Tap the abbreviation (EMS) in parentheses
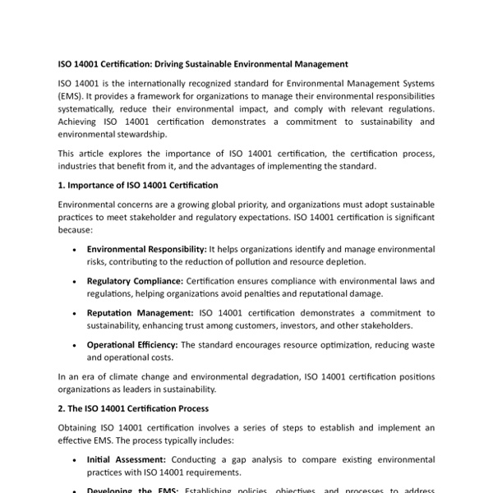tap(72, 96)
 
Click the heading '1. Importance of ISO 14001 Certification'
tap(138, 185)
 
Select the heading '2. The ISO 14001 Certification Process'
tap(133, 408)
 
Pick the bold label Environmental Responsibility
tap(146, 249)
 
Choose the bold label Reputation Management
tap(141, 313)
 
